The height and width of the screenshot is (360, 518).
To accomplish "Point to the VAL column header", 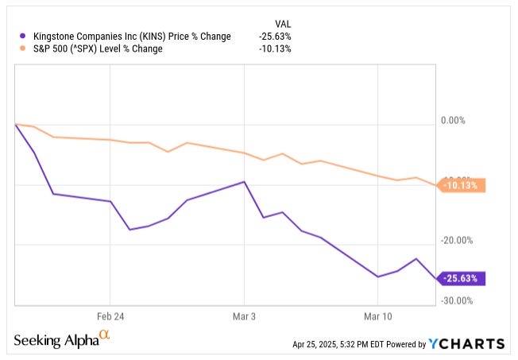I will (282, 23).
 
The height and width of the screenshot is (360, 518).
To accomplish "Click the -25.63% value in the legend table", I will (275, 36).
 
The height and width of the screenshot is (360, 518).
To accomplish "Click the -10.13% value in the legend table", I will (275, 48).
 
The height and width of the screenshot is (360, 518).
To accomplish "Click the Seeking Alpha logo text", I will (55, 340).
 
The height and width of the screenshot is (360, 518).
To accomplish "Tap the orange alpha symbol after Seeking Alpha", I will (104, 337).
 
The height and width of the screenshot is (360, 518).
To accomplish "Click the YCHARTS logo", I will (466, 343).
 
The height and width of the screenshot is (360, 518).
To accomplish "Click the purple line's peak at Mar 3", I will (245, 181).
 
